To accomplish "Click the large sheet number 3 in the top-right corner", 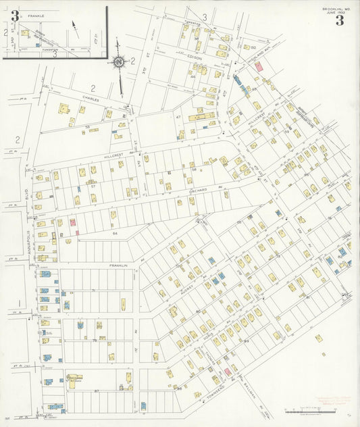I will (339, 20).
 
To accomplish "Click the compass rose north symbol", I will (120, 63).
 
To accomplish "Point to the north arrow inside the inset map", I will (76, 29).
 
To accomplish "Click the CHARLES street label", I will (91, 98).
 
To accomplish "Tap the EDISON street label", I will (195, 58).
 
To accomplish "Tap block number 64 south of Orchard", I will (115, 232).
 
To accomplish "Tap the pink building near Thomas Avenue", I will (228, 371).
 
